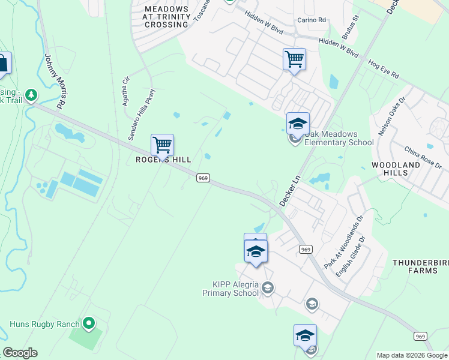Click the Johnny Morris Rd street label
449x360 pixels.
(x=55, y=80)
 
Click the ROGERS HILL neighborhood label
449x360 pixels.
(x=163, y=160)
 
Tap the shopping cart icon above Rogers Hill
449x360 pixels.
(x=162, y=145)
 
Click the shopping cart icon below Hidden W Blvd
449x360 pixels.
(x=294, y=59)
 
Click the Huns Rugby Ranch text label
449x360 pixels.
(x=44, y=325)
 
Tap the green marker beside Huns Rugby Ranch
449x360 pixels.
(x=89, y=324)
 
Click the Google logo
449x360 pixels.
(x=20, y=353)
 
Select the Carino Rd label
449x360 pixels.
(x=312, y=20)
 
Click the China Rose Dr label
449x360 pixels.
(x=423, y=157)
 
